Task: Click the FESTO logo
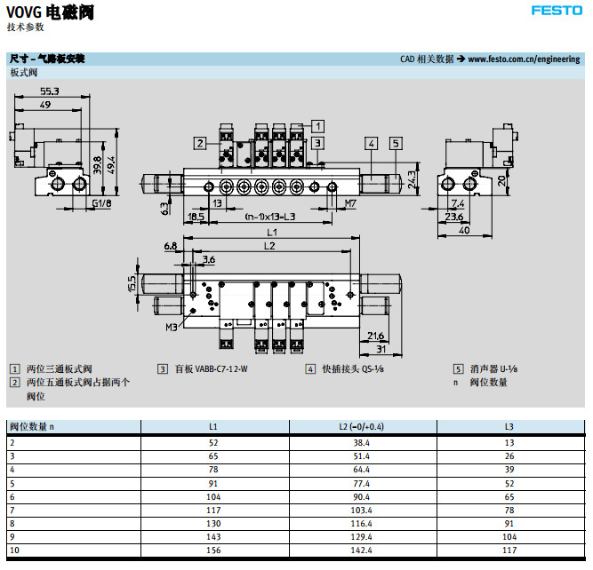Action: [557, 12]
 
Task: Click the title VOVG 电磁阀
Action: [49, 12]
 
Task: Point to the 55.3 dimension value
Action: [50, 91]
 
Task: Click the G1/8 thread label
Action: [101, 203]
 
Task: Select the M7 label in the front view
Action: [350, 203]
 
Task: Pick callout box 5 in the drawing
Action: [396, 142]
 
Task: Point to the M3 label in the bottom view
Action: [171, 327]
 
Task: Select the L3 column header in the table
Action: [509, 426]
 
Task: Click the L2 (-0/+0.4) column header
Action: [362, 426]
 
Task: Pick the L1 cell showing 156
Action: [212, 550]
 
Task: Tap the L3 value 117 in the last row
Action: [509, 550]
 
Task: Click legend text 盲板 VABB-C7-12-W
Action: [211, 368]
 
